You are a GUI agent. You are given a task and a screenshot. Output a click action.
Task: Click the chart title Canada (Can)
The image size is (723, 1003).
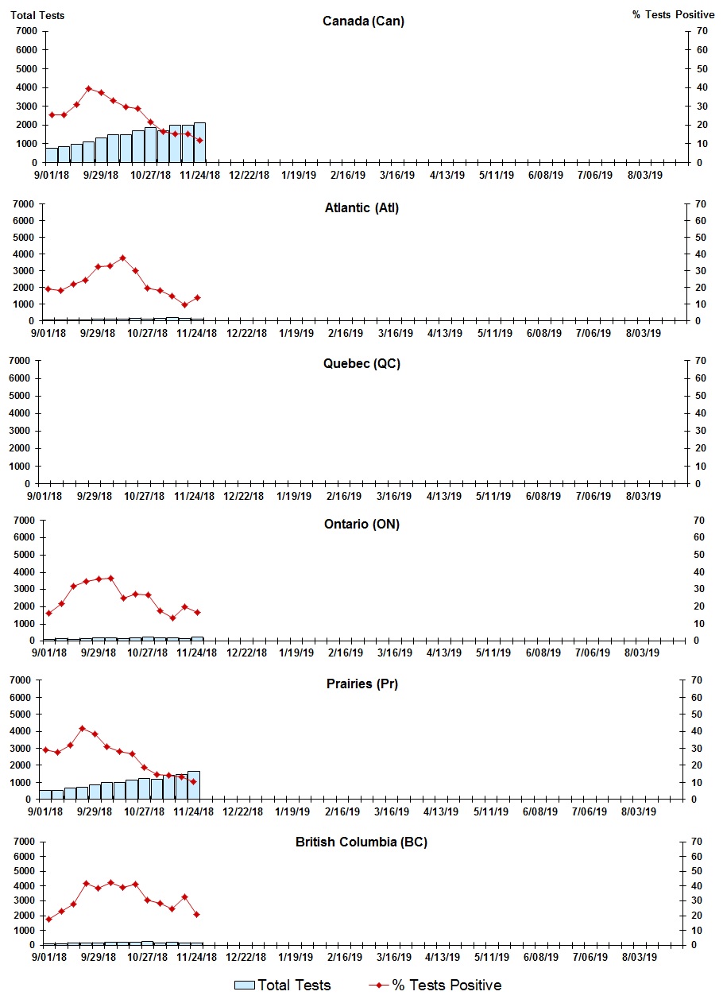pyautogui.click(x=363, y=21)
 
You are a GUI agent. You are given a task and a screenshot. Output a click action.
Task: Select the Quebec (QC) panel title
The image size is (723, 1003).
pyautogui.click(x=361, y=363)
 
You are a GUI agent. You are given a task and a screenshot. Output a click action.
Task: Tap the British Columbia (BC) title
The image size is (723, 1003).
pyautogui.click(x=361, y=842)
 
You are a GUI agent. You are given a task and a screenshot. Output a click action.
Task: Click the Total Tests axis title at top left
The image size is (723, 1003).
pyautogui.click(x=37, y=15)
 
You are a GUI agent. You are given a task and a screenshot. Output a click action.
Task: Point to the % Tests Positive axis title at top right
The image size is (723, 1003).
pyautogui.click(x=673, y=15)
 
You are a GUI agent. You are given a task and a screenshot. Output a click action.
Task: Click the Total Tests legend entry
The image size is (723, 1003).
pyautogui.click(x=283, y=985)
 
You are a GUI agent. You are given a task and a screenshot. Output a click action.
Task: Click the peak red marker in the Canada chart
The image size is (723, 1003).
pyautogui.click(x=88, y=88)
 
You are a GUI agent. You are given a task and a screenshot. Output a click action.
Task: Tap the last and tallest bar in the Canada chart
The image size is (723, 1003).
pyautogui.click(x=199, y=142)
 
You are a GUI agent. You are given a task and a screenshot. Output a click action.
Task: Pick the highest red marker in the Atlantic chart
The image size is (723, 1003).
pyautogui.click(x=122, y=258)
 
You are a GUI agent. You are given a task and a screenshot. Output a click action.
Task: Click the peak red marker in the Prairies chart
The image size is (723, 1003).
pyautogui.click(x=82, y=728)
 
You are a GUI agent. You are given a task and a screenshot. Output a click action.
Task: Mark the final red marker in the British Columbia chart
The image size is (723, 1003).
pyautogui.click(x=196, y=914)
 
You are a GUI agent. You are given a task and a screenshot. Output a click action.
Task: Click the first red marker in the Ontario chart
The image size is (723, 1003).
pyautogui.click(x=49, y=613)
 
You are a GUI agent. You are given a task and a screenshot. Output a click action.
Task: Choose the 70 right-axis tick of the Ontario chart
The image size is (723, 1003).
pyautogui.click(x=701, y=520)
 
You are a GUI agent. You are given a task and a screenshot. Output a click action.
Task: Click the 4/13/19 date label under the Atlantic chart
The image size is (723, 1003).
pyautogui.click(x=445, y=333)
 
